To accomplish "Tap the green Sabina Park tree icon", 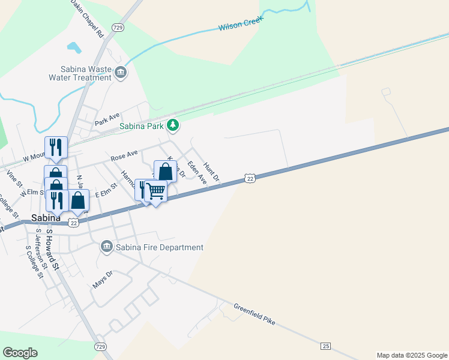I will coord(173,125).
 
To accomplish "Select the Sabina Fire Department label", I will coord(160,247).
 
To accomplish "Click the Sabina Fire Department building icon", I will coord(107,247).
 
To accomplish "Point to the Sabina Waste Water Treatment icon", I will coord(121,73).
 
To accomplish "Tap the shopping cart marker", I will coord(156,191).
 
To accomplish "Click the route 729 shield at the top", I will coord(118,28).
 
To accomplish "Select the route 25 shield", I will coord(326,346).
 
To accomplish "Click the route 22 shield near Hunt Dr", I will coord(250,178).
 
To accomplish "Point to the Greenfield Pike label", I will coord(254,313).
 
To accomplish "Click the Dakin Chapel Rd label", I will coord(88,19).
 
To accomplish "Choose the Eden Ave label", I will coord(197,172).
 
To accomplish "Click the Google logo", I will coord(20,353).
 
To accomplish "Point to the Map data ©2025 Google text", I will coord(411,355).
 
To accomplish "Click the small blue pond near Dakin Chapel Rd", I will coord(74,47).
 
